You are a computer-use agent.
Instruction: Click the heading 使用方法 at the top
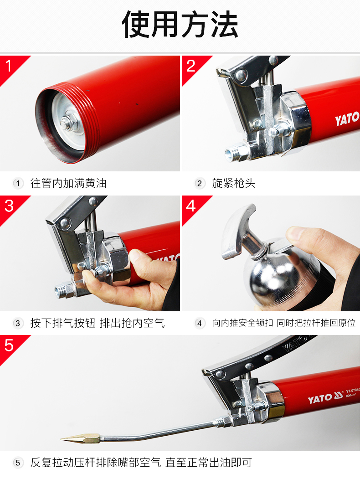click(180, 25)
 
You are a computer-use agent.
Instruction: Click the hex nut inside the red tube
click(66, 124)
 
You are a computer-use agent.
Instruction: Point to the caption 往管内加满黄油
click(68, 183)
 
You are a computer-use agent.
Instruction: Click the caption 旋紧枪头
click(234, 183)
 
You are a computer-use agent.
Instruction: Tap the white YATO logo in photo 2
click(347, 118)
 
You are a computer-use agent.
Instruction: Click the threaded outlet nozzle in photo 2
click(235, 152)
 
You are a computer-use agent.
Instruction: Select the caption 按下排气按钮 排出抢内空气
click(98, 323)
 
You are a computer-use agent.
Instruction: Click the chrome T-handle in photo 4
click(241, 232)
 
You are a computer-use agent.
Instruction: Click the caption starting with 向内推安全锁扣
click(283, 323)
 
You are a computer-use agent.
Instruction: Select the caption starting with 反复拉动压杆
click(141, 463)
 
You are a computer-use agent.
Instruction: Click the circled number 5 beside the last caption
click(18, 463)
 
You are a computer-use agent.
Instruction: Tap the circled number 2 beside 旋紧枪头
click(200, 184)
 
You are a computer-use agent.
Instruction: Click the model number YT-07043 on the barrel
click(353, 391)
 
